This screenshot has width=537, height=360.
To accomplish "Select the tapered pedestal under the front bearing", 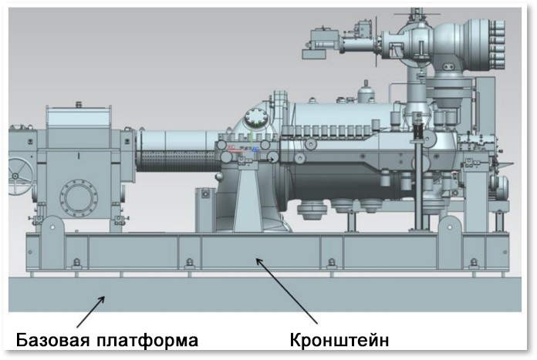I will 254,197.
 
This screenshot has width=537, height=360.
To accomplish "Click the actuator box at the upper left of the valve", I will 321,39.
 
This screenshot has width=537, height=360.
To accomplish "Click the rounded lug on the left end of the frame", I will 52,229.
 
